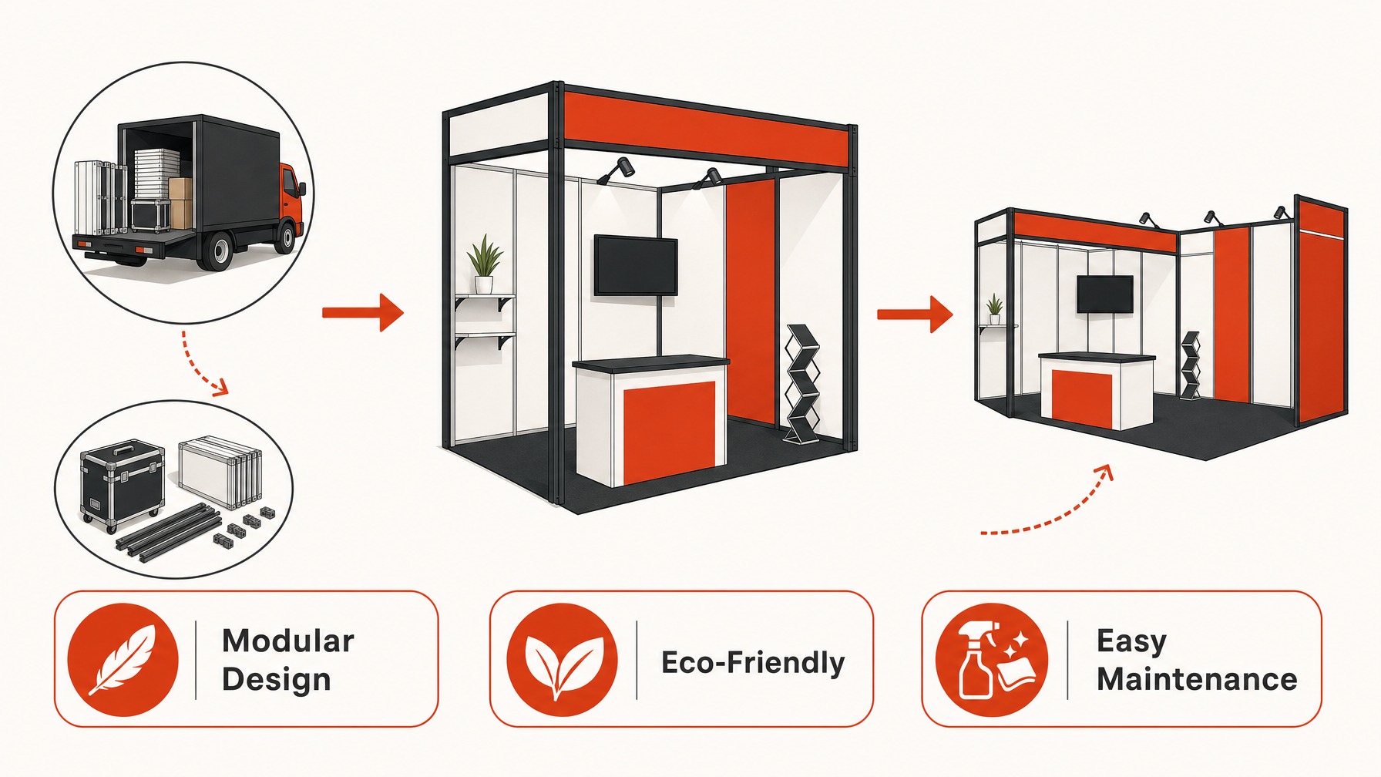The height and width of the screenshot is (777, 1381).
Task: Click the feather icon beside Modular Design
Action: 123,660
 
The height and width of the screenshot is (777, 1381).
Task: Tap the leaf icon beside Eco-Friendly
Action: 562,660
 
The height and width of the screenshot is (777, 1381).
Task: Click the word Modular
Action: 288,641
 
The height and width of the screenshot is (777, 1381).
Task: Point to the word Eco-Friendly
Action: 753,663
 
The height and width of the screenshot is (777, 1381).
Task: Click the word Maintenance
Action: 1197,679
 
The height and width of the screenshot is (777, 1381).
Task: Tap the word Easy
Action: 1131,641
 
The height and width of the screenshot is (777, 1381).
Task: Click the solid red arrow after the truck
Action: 363,312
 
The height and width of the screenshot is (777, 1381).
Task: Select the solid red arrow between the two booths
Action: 916,314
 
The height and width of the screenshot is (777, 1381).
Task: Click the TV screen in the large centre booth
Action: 636,265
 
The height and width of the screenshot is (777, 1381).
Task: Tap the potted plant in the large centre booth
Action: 484,264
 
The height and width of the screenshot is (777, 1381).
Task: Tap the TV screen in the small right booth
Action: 1105,294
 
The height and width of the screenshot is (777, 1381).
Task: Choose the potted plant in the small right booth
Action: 995,308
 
